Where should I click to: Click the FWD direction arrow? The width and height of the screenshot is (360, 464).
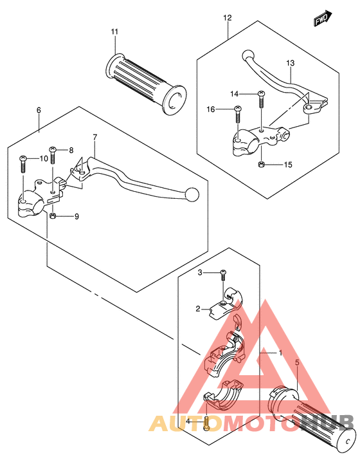[x=323, y=19]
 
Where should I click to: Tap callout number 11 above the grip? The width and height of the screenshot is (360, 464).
[x=114, y=32]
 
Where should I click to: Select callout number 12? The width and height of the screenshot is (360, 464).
[x=228, y=18]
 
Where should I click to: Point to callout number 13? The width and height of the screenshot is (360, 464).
[x=290, y=62]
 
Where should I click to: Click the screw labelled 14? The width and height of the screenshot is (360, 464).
[x=261, y=99]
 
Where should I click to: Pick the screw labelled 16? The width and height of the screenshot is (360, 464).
[x=238, y=114]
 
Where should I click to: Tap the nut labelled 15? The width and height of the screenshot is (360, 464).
[x=261, y=164]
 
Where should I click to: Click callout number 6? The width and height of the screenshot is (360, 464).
[x=39, y=110]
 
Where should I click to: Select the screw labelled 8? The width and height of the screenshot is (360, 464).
[x=53, y=155]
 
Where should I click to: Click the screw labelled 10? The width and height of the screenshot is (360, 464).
[x=23, y=163]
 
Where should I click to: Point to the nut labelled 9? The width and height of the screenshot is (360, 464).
[x=52, y=216]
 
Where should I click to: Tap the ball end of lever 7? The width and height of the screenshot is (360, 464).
[x=192, y=194]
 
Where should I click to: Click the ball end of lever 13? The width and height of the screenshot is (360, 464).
[x=248, y=55]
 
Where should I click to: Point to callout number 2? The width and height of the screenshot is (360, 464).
[x=198, y=309]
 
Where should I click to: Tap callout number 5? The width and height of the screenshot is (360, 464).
[x=297, y=362]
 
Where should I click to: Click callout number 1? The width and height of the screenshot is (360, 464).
[x=280, y=353]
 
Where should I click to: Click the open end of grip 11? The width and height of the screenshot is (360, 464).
[x=175, y=100]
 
